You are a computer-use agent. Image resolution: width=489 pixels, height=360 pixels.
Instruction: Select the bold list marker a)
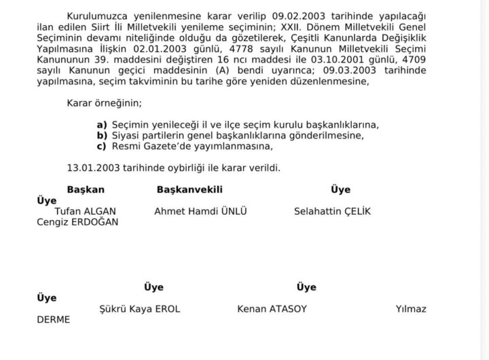(102, 125)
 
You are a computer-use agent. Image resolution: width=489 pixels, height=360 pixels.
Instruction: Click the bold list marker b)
(102, 135)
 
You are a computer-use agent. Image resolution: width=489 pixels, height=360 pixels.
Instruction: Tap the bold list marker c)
(102, 145)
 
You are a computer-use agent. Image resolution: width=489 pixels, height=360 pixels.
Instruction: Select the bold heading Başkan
(86, 190)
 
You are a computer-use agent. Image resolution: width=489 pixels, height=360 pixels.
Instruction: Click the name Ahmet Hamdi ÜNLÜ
(200, 211)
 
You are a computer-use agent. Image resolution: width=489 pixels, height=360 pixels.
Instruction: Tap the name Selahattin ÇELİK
(332, 211)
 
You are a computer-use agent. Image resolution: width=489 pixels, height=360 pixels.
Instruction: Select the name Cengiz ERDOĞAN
(77, 221)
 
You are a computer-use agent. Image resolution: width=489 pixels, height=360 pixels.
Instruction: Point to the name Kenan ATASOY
(272, 309)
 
